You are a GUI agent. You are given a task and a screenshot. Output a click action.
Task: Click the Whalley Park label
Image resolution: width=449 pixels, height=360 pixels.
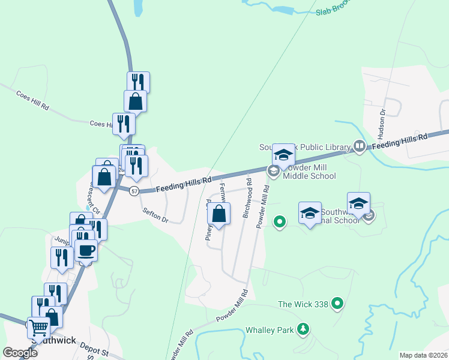pos(270,331)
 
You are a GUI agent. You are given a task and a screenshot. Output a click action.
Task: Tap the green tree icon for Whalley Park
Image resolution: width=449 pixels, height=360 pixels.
pos(304,329)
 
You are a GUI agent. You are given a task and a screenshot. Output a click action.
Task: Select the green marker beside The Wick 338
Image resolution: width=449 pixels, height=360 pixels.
pos(337,304)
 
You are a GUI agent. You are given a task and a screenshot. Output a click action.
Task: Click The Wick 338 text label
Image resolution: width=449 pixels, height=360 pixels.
pos(303,304)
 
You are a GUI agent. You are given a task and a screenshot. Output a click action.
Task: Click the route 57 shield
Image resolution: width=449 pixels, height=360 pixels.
pos(134,191)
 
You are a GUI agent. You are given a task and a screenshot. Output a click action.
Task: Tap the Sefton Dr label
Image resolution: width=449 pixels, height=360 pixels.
pos(155,215)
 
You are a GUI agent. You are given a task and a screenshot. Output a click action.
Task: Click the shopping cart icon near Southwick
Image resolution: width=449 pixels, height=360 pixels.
pos(39,328)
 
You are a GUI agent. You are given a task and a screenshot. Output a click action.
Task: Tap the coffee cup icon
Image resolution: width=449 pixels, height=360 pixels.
pos(86,250)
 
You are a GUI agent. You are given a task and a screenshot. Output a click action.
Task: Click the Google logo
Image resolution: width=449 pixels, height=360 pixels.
pos(20,353)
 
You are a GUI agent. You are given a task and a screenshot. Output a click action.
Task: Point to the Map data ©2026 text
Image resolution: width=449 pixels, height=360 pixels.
pos(423,355)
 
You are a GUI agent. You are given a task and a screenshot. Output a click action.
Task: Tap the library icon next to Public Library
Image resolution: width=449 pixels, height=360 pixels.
pos(359,146)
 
